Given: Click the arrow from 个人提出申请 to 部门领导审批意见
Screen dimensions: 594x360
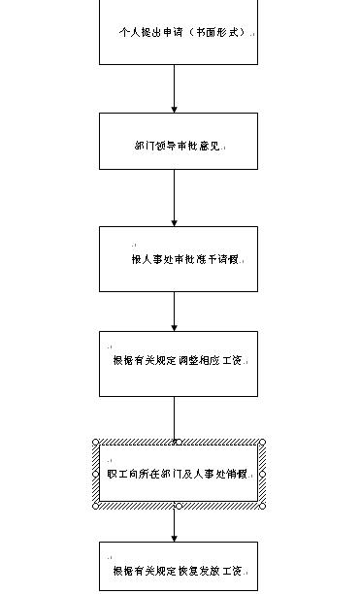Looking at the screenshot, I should tap(175, 88).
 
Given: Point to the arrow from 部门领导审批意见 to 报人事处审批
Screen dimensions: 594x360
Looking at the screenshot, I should tap(175, 198).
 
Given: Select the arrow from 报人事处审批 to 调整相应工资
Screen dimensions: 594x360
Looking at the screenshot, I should tap(175, 312).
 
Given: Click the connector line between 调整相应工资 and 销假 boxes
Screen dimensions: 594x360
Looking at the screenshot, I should tap(175, 418).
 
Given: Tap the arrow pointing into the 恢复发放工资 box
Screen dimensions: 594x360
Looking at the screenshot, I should tap(175, 525).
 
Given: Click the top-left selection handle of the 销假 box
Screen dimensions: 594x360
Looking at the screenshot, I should tap(96, 443).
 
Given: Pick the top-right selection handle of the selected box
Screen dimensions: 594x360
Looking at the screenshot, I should tap(262, 443).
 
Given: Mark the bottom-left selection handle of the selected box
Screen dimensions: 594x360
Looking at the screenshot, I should tap(96, 505).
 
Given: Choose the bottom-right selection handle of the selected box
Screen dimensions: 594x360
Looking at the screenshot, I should tap(262, 505).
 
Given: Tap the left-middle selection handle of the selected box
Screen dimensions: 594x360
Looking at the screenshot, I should tap(96, 474).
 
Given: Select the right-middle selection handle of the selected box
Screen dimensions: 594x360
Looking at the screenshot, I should tap(262, 474).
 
